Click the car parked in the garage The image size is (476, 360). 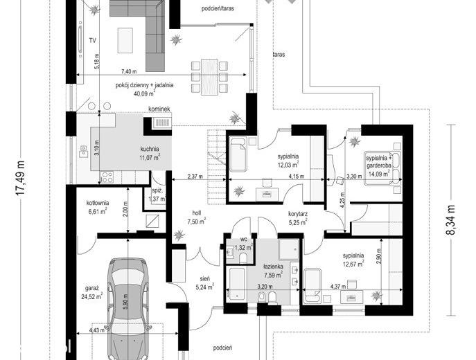[x=129, y=309]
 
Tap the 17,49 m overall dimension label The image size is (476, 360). [x=20, y=178]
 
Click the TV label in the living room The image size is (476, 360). [x=93, y=40]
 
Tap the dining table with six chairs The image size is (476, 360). [x=209, y=77]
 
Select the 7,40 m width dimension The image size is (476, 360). [x=129, y=71]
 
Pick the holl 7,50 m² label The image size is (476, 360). [x=196, y=217]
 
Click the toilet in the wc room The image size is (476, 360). [x=243, y=258]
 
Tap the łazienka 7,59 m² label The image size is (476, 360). [x=273, y=271]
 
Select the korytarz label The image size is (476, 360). [x=298, y=214]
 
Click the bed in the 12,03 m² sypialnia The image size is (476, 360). [x=238, y=154]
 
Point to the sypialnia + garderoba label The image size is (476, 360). [x=378, y=161]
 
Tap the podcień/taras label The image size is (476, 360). [x=218, y=8]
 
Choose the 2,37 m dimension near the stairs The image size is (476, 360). [x=195, y=177]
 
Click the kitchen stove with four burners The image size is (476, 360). [x=107, y=177]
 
